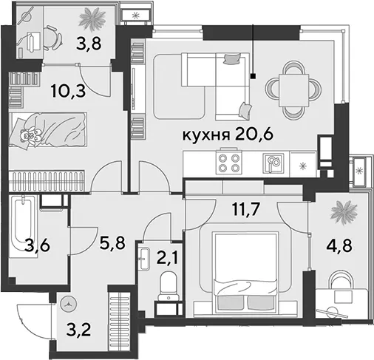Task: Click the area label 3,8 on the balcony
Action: click(x=89, y=44)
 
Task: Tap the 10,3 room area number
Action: click(x=69, y=90)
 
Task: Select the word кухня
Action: click(x=206, y=135)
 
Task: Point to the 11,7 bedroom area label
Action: click(x=245, y=209)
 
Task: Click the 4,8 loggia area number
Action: click(x=340, y=246)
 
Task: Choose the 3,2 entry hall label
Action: click(x=78, y=330)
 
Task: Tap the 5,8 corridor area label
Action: click(x=112, y=242)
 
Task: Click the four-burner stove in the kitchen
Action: click(x=229, y=162)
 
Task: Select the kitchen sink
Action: click(x=273, y=163)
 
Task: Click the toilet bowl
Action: click(x=169, y=285)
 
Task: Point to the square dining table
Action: click(x=293, y=90)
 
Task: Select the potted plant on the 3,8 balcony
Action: click(x=92, y=19)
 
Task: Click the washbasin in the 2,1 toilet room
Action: click(x=143, y=259)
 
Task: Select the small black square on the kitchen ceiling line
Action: click(x=253, y=76)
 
